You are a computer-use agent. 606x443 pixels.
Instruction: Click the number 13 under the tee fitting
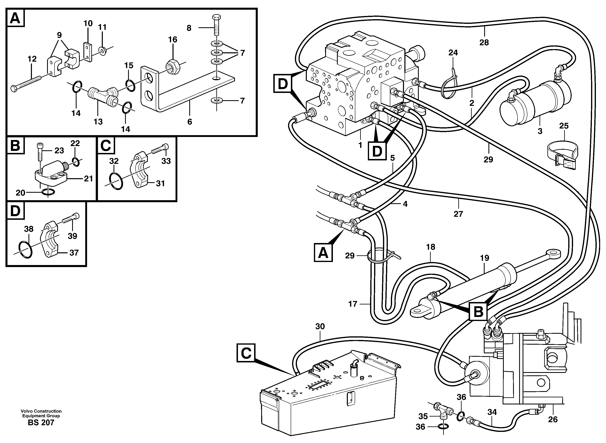click(x=98, y=122)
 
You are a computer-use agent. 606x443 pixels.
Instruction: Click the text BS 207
click(x=41, y=423)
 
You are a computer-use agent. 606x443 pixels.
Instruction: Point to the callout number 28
click(x=484, y=43)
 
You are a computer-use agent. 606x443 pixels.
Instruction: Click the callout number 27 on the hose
click(x=458, y=214)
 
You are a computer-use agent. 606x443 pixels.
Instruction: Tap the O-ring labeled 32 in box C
click(x=116, y=181)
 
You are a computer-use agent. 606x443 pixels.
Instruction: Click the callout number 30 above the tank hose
click(x=320, y=326)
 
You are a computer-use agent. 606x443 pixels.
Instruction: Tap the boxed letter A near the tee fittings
click(x=323, y=253)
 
